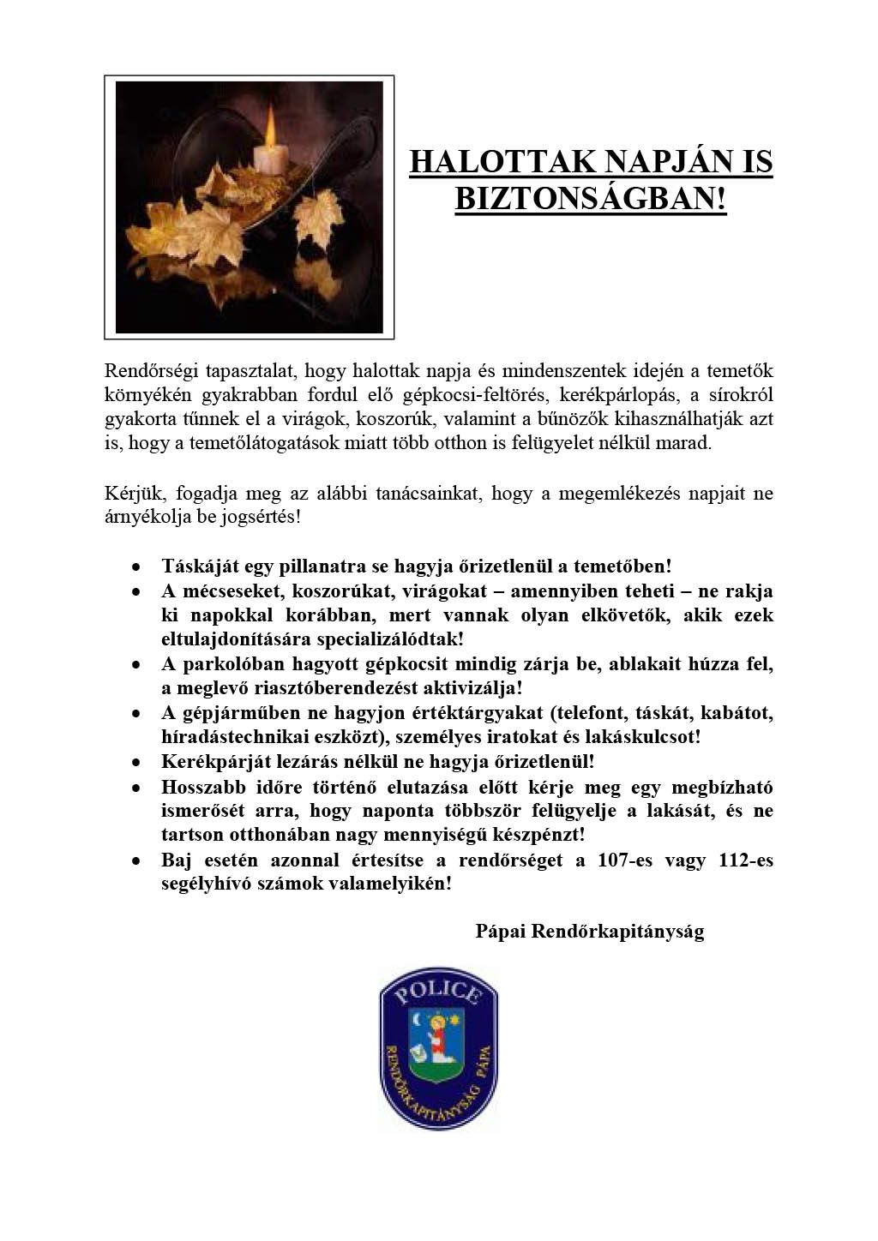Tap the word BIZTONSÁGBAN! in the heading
591,199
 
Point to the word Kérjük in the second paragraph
129,495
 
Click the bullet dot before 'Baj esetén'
136,860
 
